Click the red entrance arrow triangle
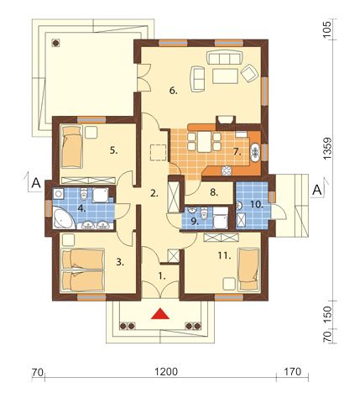click(x=160, y=313)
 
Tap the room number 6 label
click(x=174, y=91)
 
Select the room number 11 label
click(x=225, y=255)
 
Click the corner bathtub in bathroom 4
click(x=64, y=218)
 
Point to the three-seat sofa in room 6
click(x=224, y=57)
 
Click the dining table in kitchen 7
click(x=204, y=142)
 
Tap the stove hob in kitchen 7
click(x=227, y=170)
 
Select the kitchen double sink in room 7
click(x=255, y=152)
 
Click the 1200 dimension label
click(x=166, y=372)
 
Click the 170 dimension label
click(x=293, y=372)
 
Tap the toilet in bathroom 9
click(x=205, y=213)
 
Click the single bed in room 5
click(x=72, y=147)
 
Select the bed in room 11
click(x=248, y=269)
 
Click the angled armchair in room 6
click(x=249, y=73)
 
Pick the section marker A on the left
click(x=36, y=182)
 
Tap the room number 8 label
click(x=214, y=192)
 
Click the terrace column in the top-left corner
click(x=56, y=42)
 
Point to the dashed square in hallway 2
click(x=159, y=153)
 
